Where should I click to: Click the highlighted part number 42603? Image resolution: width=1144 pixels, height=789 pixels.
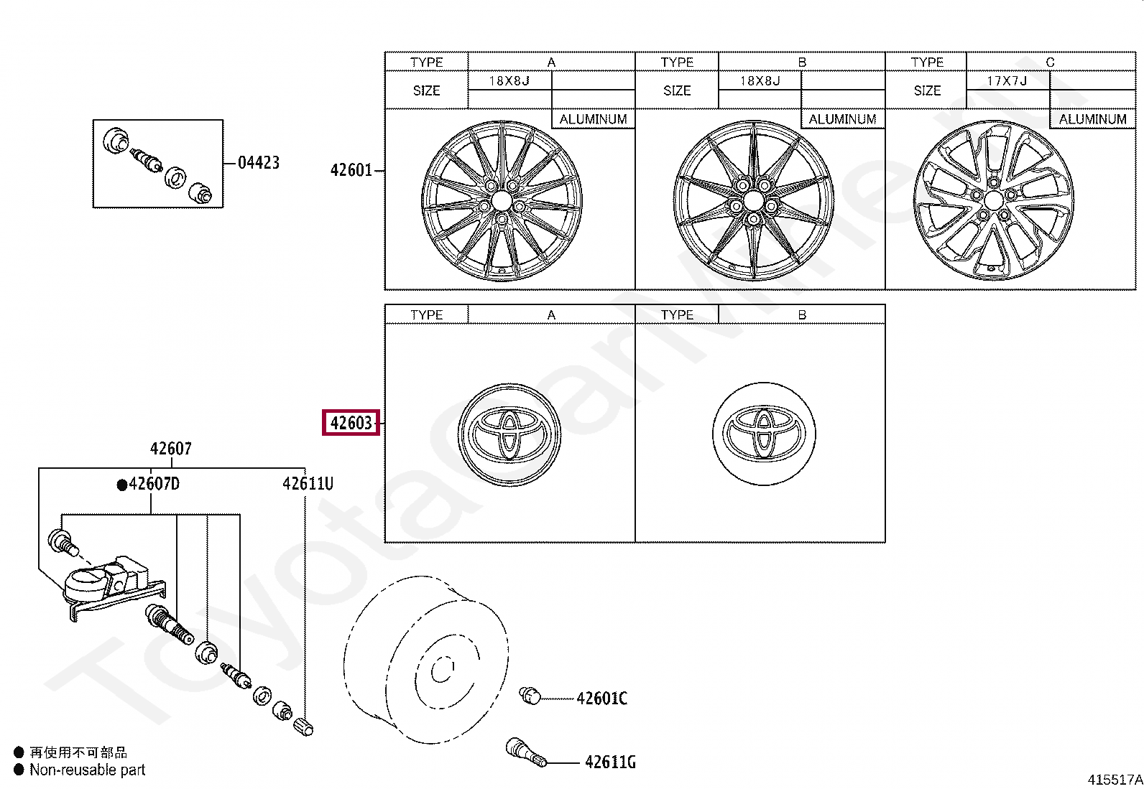pos(351,423)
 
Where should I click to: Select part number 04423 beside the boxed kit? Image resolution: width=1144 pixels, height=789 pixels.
pos(259,163)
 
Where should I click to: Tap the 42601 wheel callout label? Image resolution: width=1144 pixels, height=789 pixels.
pos(351,170)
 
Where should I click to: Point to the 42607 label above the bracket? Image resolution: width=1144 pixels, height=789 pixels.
pos(170,449)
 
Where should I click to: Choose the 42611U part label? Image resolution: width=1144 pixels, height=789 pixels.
pos(308,484)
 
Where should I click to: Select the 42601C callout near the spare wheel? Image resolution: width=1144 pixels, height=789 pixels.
pos(601,699)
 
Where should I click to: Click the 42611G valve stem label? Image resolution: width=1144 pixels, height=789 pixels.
pos(610,762)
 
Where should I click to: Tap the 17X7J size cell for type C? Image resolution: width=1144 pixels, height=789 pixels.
pos(1007,81)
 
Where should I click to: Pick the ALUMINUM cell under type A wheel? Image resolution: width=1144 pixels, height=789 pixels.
pos(593,119)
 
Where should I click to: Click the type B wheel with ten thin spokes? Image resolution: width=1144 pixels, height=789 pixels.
pos(753,200)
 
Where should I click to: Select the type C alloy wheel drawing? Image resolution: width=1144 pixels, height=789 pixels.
pos(994,200)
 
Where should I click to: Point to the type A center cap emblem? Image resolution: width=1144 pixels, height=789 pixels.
pos(509,434)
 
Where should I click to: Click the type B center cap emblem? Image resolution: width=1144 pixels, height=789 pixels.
pos(764,434)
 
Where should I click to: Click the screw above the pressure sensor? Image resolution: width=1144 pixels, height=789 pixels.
pos(63,542)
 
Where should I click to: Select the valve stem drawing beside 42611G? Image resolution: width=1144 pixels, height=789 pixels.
pos(526,752)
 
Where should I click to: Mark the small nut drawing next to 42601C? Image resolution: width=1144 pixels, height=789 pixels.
pos(530,695)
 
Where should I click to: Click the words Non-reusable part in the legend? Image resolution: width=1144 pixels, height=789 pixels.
pos(87,770)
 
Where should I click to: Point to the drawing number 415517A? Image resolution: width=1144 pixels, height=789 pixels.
pos(1115,780)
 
